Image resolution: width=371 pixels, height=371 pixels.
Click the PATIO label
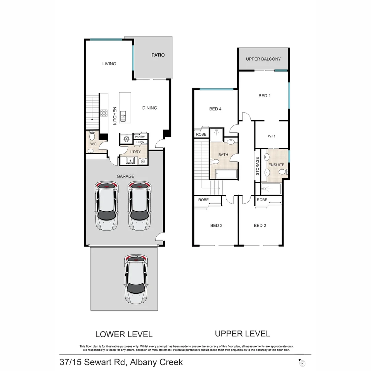[158, 55]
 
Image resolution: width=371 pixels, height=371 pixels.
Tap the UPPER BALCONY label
[263, 59]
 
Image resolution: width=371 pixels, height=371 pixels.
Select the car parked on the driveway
[136, 279]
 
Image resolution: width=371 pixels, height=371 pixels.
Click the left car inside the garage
[106, 206]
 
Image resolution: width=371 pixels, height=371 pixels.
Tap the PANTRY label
[140, 137]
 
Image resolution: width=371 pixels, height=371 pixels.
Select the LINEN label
[140, 142]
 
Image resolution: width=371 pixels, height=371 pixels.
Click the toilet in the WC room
[92, 135]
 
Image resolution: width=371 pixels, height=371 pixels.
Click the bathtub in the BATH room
[226, 174]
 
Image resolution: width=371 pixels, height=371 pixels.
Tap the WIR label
[271, 136]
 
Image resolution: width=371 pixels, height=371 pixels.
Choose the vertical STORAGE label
[257, 166]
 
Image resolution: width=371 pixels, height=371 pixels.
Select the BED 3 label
[216, 226]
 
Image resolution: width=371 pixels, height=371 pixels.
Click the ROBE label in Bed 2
[262, 200]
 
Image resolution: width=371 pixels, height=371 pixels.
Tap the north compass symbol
[302, 363]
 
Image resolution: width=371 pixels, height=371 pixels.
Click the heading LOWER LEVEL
[124, 334]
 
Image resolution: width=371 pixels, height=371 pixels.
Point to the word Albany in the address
[142, 362]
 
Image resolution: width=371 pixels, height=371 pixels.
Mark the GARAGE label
[125, 176]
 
